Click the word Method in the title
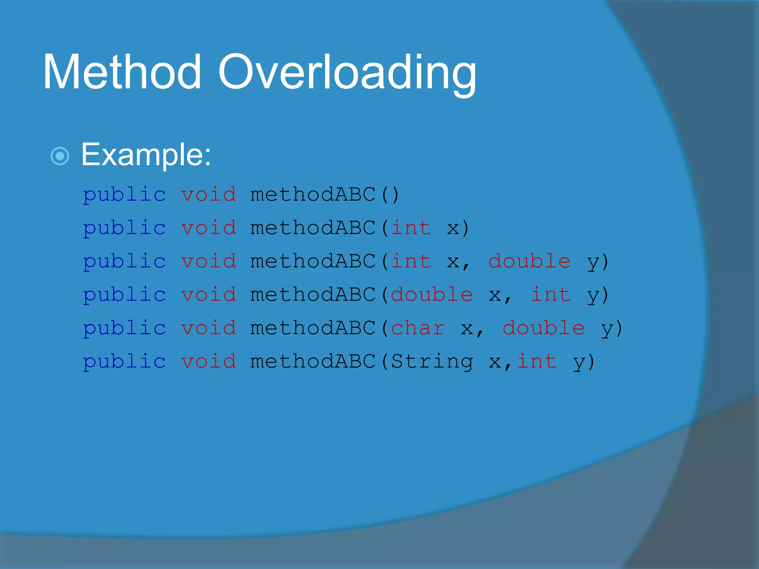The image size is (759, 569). point(122,72)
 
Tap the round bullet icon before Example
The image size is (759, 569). point(60,156)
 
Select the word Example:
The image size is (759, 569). point(146,154)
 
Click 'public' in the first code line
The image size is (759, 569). point(124,195)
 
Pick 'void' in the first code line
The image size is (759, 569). point(208,195)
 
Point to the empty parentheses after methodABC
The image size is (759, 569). point(390,195)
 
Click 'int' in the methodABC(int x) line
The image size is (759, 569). point(411,228)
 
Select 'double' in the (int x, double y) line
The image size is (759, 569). point(529,262)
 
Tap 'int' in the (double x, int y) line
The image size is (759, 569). point(550,295)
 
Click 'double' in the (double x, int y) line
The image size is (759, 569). point(432,295)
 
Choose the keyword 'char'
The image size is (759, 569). point(418,328)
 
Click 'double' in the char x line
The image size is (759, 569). point(543,328)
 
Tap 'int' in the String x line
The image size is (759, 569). point(537,362)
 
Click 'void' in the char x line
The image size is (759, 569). point(208,328)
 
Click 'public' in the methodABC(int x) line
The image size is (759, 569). point(124,228)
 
